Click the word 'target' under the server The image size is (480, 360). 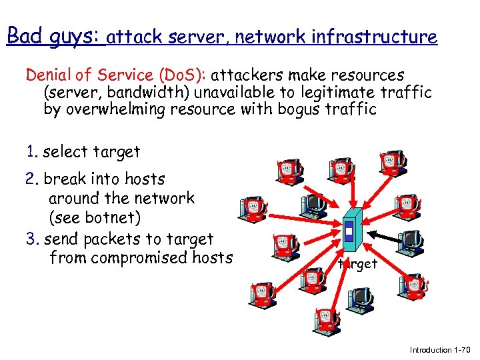[357, 264]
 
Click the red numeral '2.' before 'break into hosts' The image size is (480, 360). [32, 179]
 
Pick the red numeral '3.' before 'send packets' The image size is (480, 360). [32, 239]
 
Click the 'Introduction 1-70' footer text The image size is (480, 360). [439, 349]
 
